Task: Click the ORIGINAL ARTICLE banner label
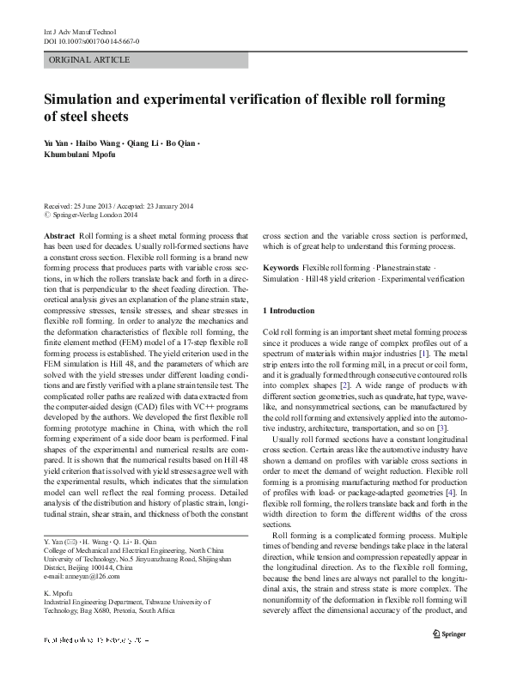point(90,60)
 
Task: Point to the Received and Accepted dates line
point(119,207)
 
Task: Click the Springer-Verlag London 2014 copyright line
point(98,216)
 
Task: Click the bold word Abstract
point(58,234)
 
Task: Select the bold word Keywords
point(281,268)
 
